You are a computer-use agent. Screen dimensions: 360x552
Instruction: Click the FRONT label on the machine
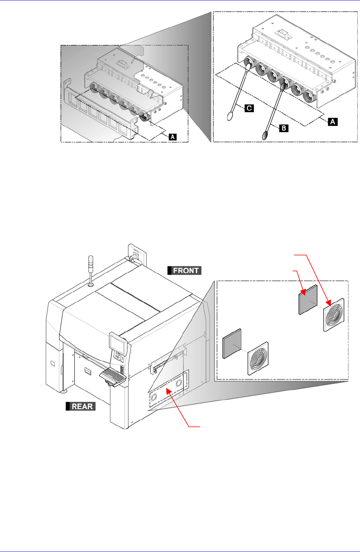click(x=185, y=270)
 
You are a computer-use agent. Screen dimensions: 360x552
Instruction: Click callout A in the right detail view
click(x=333, y=122)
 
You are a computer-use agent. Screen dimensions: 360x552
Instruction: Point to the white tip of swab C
click(x=231, y=116)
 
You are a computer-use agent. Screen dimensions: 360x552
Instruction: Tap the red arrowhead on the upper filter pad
click(x=302, y=292)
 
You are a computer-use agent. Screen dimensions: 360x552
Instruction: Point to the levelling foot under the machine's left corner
click(x=63, y=392)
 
